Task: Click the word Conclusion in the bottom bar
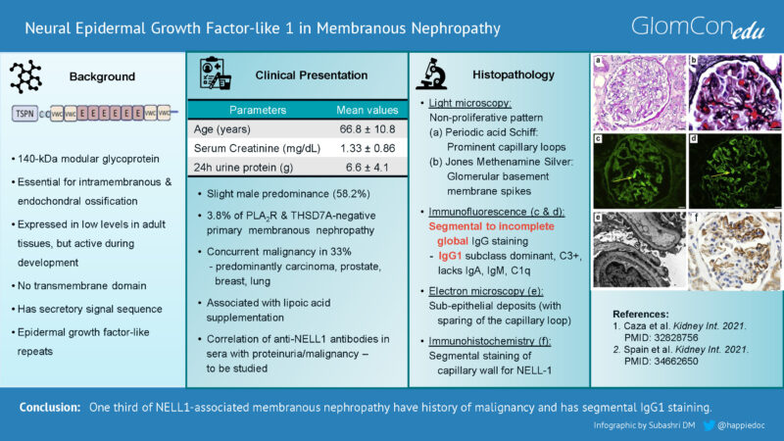48,406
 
